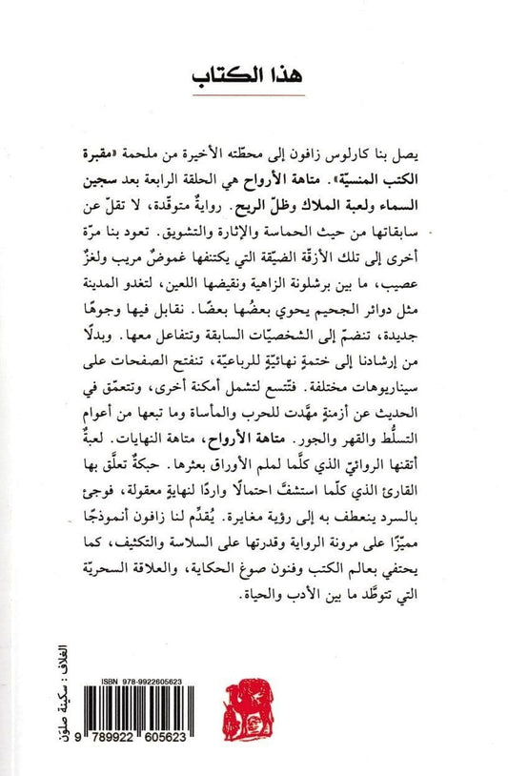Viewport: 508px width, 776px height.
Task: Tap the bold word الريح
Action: coord(236,202)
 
